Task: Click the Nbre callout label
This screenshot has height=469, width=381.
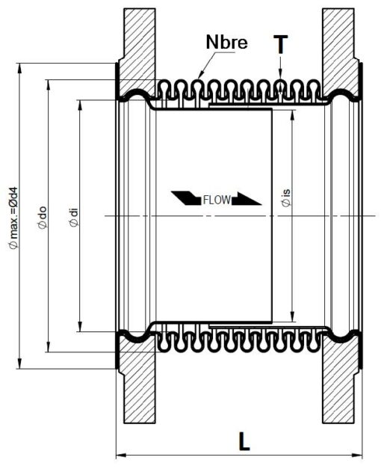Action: (226, 42)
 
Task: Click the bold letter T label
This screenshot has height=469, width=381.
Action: (280, 44)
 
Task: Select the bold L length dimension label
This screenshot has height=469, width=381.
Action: (244, 441)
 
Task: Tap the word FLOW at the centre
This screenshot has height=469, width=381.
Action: (217, 200)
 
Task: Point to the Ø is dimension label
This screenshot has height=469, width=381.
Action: (285, 198)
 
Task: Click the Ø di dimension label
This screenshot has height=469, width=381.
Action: (73, 217)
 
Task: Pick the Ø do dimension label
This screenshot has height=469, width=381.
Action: (42, 218)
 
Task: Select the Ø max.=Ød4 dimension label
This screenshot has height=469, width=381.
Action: (13, 218)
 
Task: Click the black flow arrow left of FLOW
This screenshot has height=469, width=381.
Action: (186, 198)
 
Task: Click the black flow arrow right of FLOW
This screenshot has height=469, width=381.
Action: (247, 198)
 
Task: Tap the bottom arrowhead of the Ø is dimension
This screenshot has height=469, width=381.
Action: (293, 316)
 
